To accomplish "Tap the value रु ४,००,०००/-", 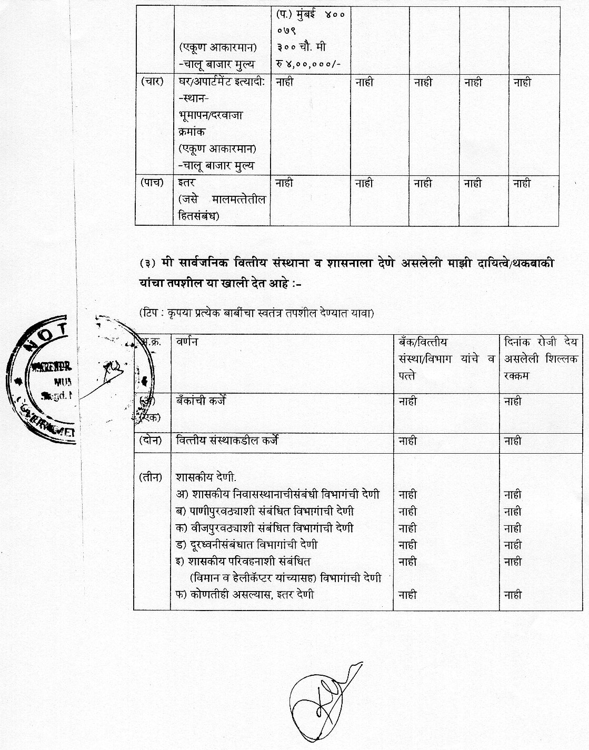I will point(308,64).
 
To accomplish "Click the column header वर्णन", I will point(187,341).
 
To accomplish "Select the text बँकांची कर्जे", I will point(201,401).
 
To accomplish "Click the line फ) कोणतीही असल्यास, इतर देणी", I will point(245,595).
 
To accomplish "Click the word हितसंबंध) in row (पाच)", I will point(199,216).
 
